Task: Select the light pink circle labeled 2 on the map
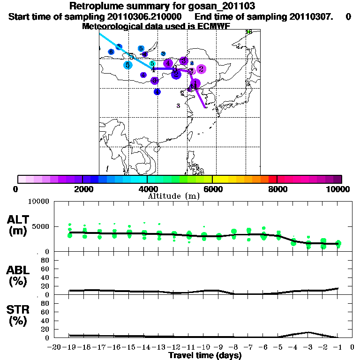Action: tap(201, 69)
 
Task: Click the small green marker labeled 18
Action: tap(249, 32)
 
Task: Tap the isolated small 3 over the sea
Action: tap(178, 106)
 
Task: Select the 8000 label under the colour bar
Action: tap(277, 189)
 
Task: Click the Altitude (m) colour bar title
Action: tap(173, 196)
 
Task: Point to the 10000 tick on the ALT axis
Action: tap(39, 202)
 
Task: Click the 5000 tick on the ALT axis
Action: tap(41, 226)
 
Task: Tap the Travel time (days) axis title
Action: tap(205, 355)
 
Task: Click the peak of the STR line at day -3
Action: tap(308, 332)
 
